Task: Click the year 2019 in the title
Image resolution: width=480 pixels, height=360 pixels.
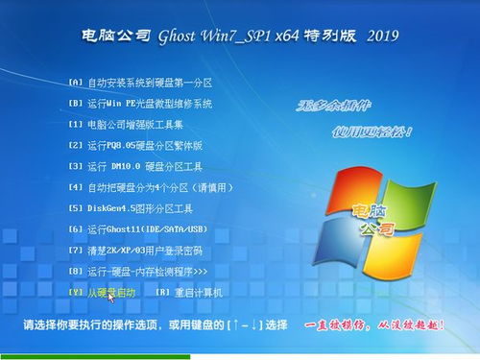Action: point(383,36)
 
